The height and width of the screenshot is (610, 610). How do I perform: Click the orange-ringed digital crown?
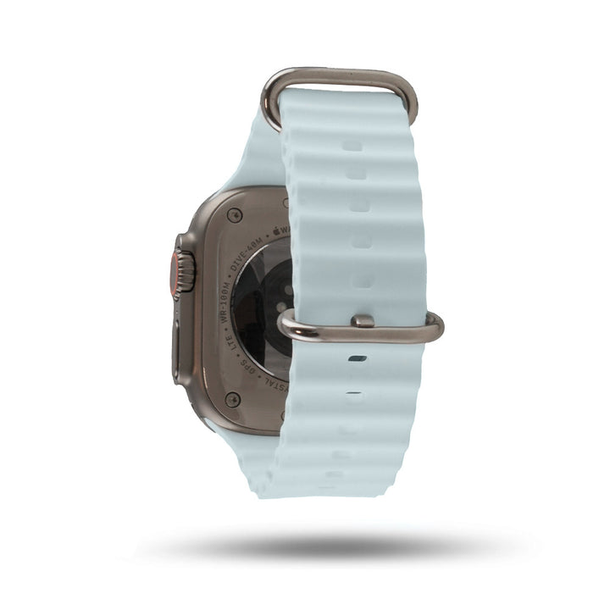(182, 269)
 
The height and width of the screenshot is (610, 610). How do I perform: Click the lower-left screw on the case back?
(233, 399)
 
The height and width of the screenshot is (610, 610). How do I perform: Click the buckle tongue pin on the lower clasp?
(363, 321)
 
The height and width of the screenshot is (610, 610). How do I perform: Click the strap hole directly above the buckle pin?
(362, 280)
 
